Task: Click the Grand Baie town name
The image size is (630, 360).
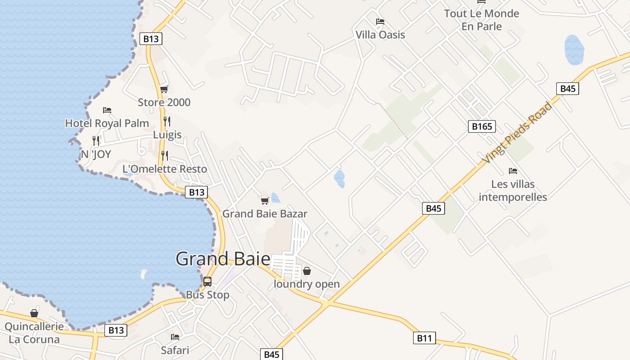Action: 223,259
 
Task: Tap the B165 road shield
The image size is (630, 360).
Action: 481,126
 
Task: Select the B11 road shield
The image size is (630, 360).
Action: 424,338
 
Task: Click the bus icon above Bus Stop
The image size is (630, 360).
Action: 207,282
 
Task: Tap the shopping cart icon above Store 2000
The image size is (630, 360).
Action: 164,89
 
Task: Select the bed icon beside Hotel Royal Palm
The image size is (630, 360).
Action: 107,110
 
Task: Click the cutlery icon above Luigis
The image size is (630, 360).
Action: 166,121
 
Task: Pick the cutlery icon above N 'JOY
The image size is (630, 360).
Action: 95,140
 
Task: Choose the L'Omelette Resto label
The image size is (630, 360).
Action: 165,169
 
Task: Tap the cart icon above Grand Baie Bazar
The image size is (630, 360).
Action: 265,201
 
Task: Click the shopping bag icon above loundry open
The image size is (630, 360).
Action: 307,271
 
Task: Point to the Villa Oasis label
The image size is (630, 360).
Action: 380,35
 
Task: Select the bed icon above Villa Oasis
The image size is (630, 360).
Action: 380,22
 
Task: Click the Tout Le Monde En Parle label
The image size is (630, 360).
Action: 481,20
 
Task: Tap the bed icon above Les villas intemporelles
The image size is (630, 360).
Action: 513,171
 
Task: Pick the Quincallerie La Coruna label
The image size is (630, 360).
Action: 34,333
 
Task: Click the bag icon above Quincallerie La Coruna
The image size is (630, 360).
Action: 34,313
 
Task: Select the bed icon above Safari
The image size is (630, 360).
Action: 175,337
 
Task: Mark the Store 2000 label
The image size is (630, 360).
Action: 164,102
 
